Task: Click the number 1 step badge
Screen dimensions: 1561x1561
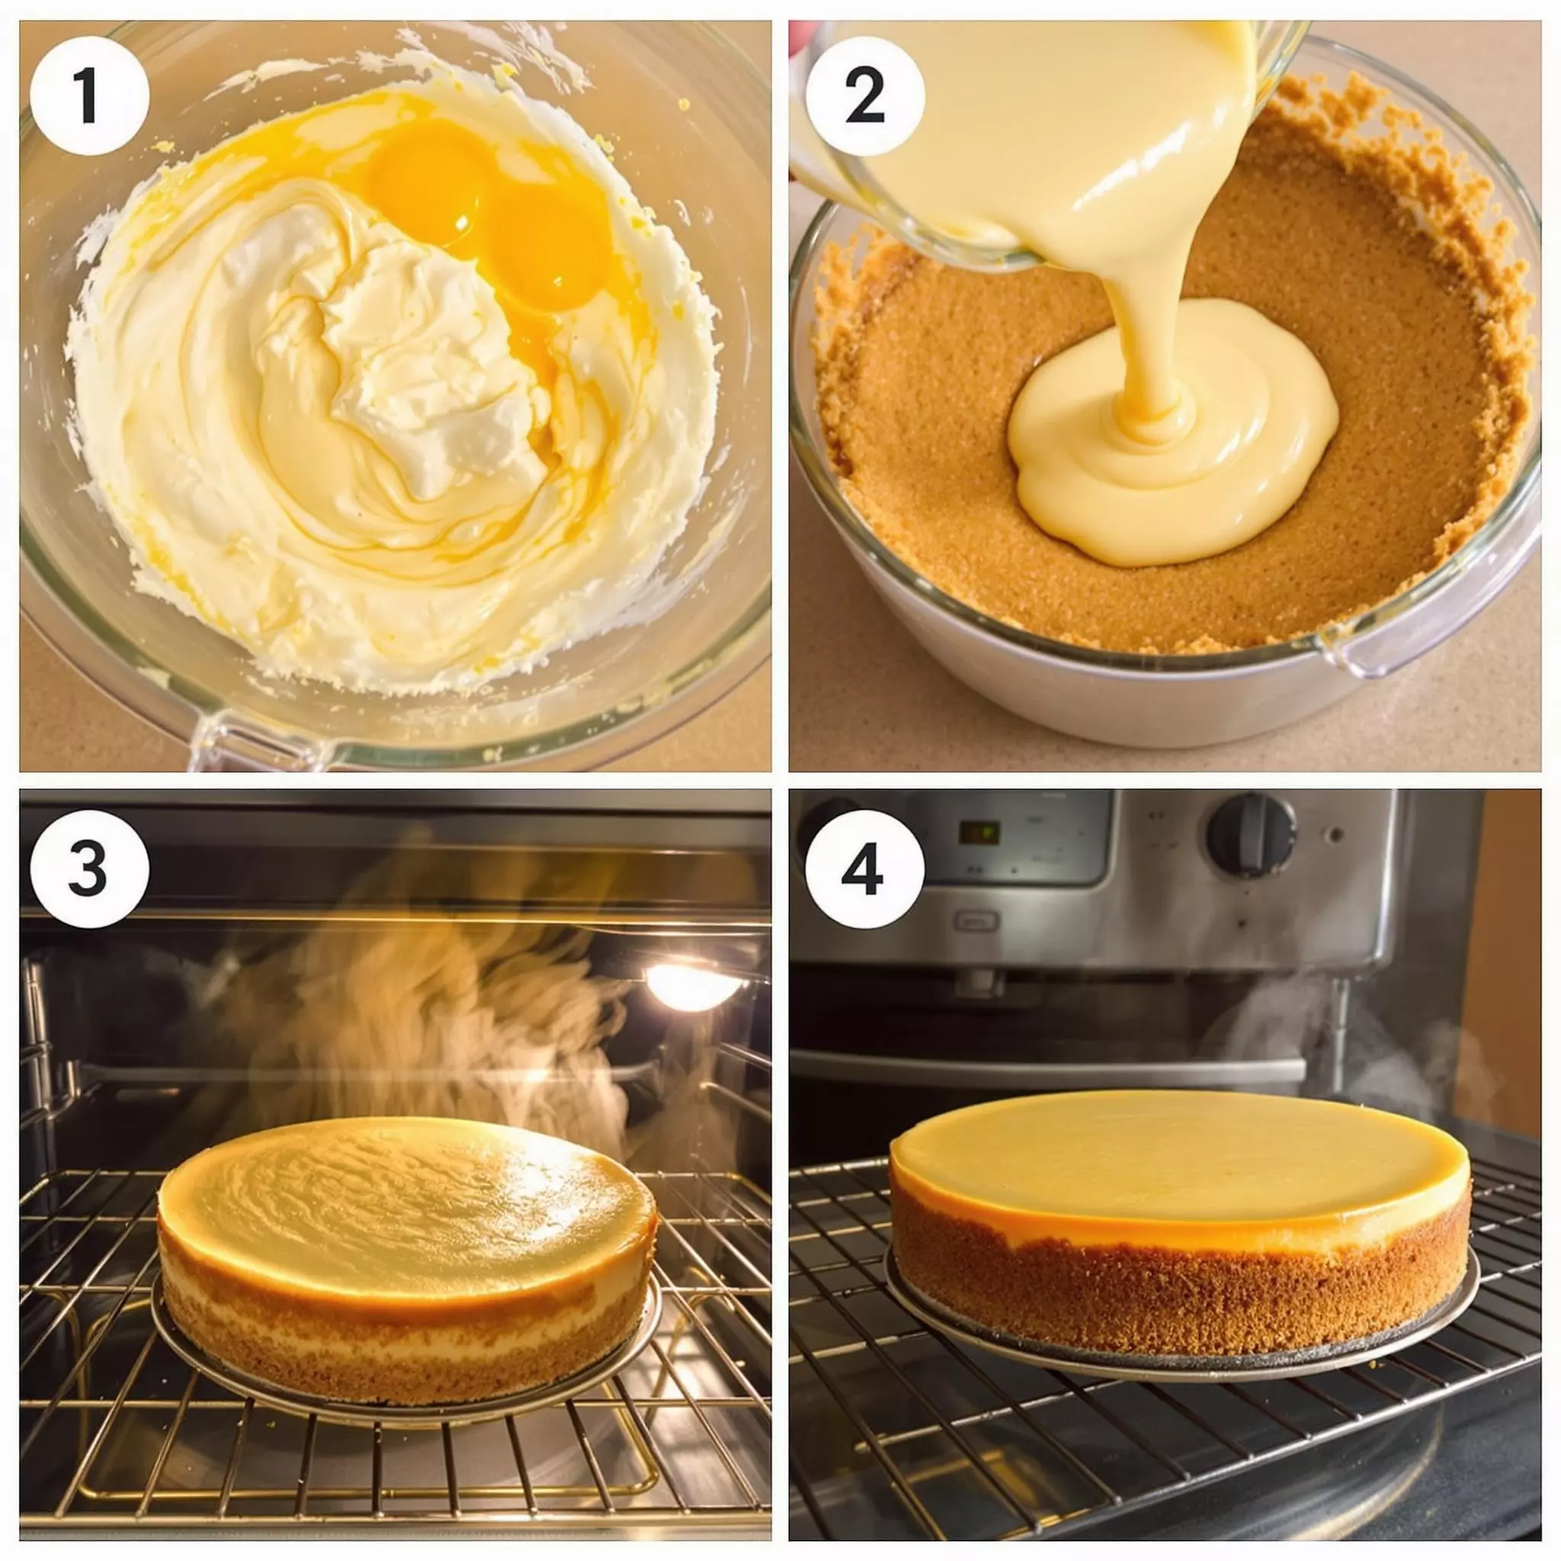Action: coord(89,95)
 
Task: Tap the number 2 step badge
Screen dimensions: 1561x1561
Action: coord(865,95)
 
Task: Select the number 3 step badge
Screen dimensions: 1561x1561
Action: coord(89,869)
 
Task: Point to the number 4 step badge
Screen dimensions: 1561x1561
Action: coord(865,869)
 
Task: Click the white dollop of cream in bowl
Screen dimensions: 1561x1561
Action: coord(428,364)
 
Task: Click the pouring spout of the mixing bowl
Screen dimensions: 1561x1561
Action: coord(258,739)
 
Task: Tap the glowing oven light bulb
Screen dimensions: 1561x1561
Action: coord(691,987)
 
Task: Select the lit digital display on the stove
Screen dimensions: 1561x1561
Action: coord(979,833)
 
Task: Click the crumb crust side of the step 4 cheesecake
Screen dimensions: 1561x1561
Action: coord(1180,1293)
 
